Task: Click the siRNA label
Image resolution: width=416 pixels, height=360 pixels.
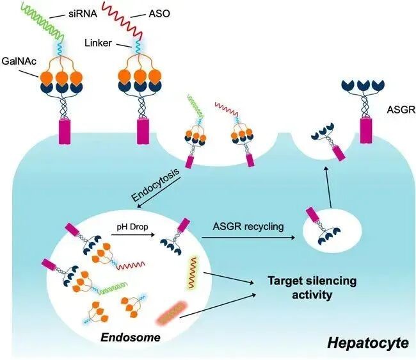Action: point(83,13)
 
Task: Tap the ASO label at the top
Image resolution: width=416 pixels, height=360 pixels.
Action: point(159,13)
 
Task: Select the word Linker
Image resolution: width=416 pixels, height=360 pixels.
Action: point(98,43)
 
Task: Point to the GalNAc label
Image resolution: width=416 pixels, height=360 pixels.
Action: point(19,61)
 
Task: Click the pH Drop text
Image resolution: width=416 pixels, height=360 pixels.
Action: point(132,227)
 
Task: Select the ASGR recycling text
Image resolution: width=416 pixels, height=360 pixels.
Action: point(248,227)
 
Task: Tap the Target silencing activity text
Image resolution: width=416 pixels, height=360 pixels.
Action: point(312,288)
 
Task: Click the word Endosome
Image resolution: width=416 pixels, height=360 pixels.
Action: point(131,338)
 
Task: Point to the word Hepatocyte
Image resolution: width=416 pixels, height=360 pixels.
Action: point(368,343)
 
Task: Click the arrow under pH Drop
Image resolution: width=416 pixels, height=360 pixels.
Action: point(133,234)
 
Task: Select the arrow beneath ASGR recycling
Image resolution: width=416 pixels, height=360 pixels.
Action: point(248,238)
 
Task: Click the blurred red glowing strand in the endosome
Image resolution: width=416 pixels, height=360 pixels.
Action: point(171,313)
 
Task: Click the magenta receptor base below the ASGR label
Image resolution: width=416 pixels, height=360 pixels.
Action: point(366,131)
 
